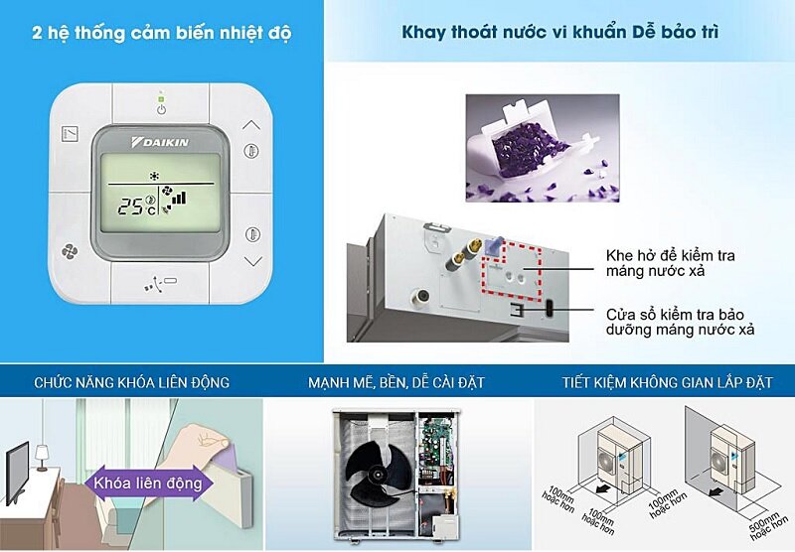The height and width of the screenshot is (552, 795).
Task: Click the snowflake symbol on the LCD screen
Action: pos(154,177)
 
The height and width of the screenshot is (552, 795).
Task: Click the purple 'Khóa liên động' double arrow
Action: pos(149,483)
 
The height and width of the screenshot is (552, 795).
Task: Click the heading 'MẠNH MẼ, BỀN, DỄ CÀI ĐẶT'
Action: pos(397,382)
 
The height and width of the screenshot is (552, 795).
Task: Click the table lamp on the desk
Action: pos(42,456)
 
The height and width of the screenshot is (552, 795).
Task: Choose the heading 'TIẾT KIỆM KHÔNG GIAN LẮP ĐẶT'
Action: pos(667,382)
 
